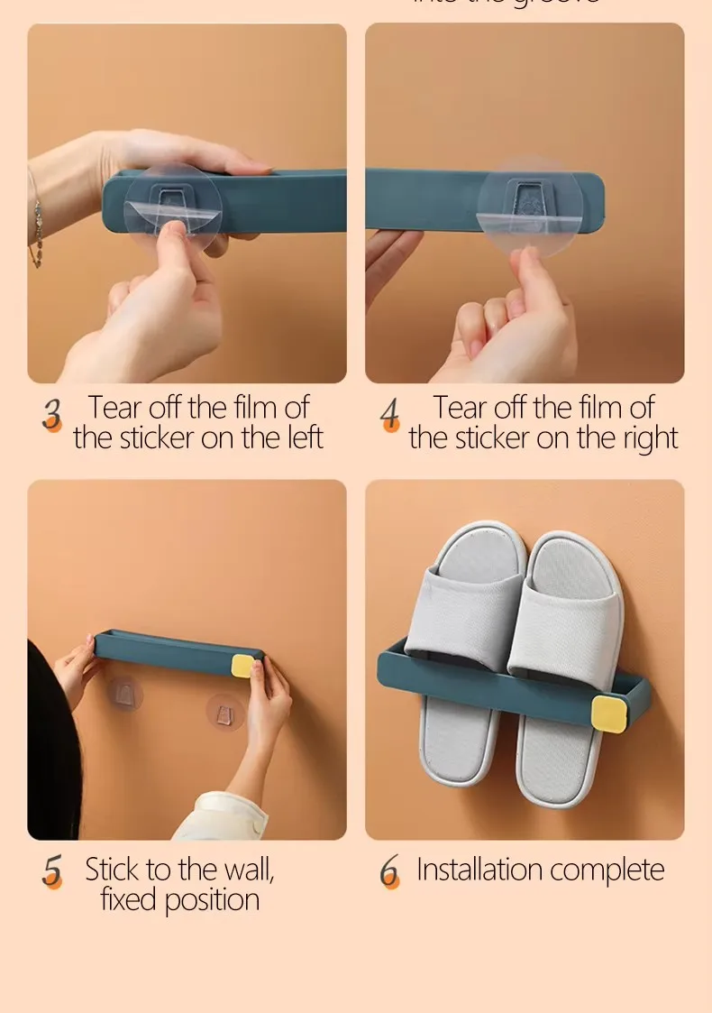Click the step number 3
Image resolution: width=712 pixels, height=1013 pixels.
point(52,414)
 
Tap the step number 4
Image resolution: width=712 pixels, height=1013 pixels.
point(389,414)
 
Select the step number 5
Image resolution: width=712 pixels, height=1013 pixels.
point(52,871)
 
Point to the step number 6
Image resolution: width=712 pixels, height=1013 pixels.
point(389,871)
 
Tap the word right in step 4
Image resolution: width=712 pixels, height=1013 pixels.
point(644,438)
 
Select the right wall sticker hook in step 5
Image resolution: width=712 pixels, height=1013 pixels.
point(224,712)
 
